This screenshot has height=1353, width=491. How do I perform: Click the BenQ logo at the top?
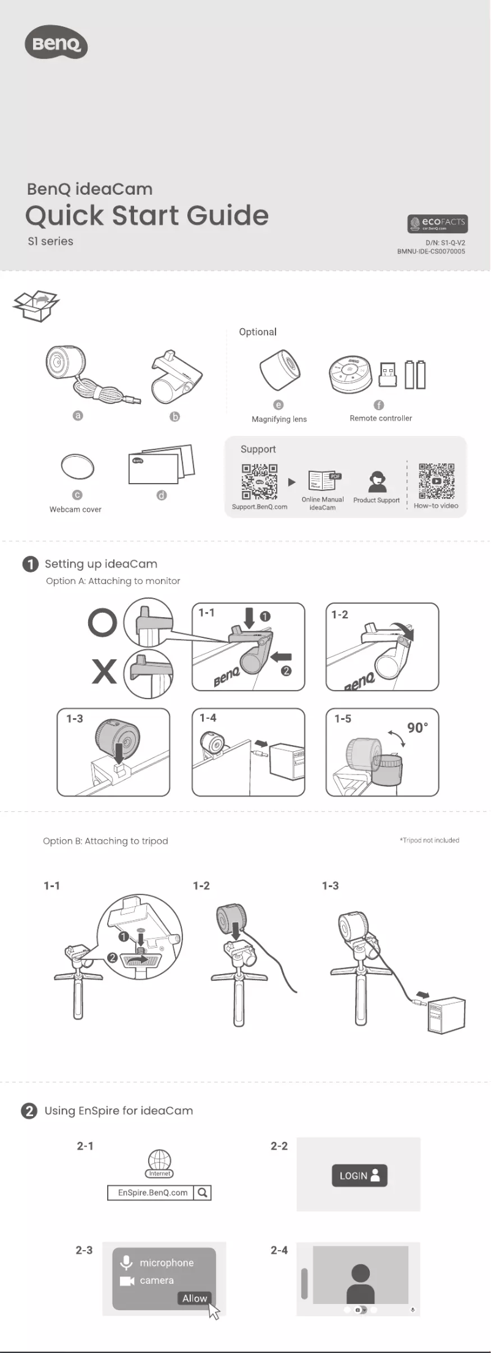click(x=56, y=44)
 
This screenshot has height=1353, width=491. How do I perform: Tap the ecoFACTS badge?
click(x=437, y=223)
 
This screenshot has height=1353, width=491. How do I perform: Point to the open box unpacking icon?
click(x=36, y=305)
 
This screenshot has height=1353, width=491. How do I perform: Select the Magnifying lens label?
click(x=279, y=419)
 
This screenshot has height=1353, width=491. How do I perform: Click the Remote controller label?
click(x=380, y=418)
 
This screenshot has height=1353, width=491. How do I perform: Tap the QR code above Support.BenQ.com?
click(x=259, y=482)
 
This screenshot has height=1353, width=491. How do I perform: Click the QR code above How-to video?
click(x=436, y=481)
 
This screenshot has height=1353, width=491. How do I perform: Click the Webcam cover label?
click(x=75, y=509)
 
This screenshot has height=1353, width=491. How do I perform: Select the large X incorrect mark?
click(x=104, y=671)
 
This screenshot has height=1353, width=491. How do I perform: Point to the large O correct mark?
click(x=102, y=623)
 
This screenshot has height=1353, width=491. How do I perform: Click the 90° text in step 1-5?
click(x=418, y=728)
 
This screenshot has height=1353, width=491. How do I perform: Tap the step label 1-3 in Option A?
click(x=75, y=719)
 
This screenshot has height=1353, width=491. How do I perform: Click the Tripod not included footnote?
click(x=429, y=841)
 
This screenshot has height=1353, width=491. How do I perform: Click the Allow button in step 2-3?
click(x=194, y=1298)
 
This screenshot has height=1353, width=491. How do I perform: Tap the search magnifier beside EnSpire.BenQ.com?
click(x=203, y=1193)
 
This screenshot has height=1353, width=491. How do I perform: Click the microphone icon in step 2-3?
click(x=126, y=1262)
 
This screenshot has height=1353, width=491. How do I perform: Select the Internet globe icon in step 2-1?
click(x=160, y=1162)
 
